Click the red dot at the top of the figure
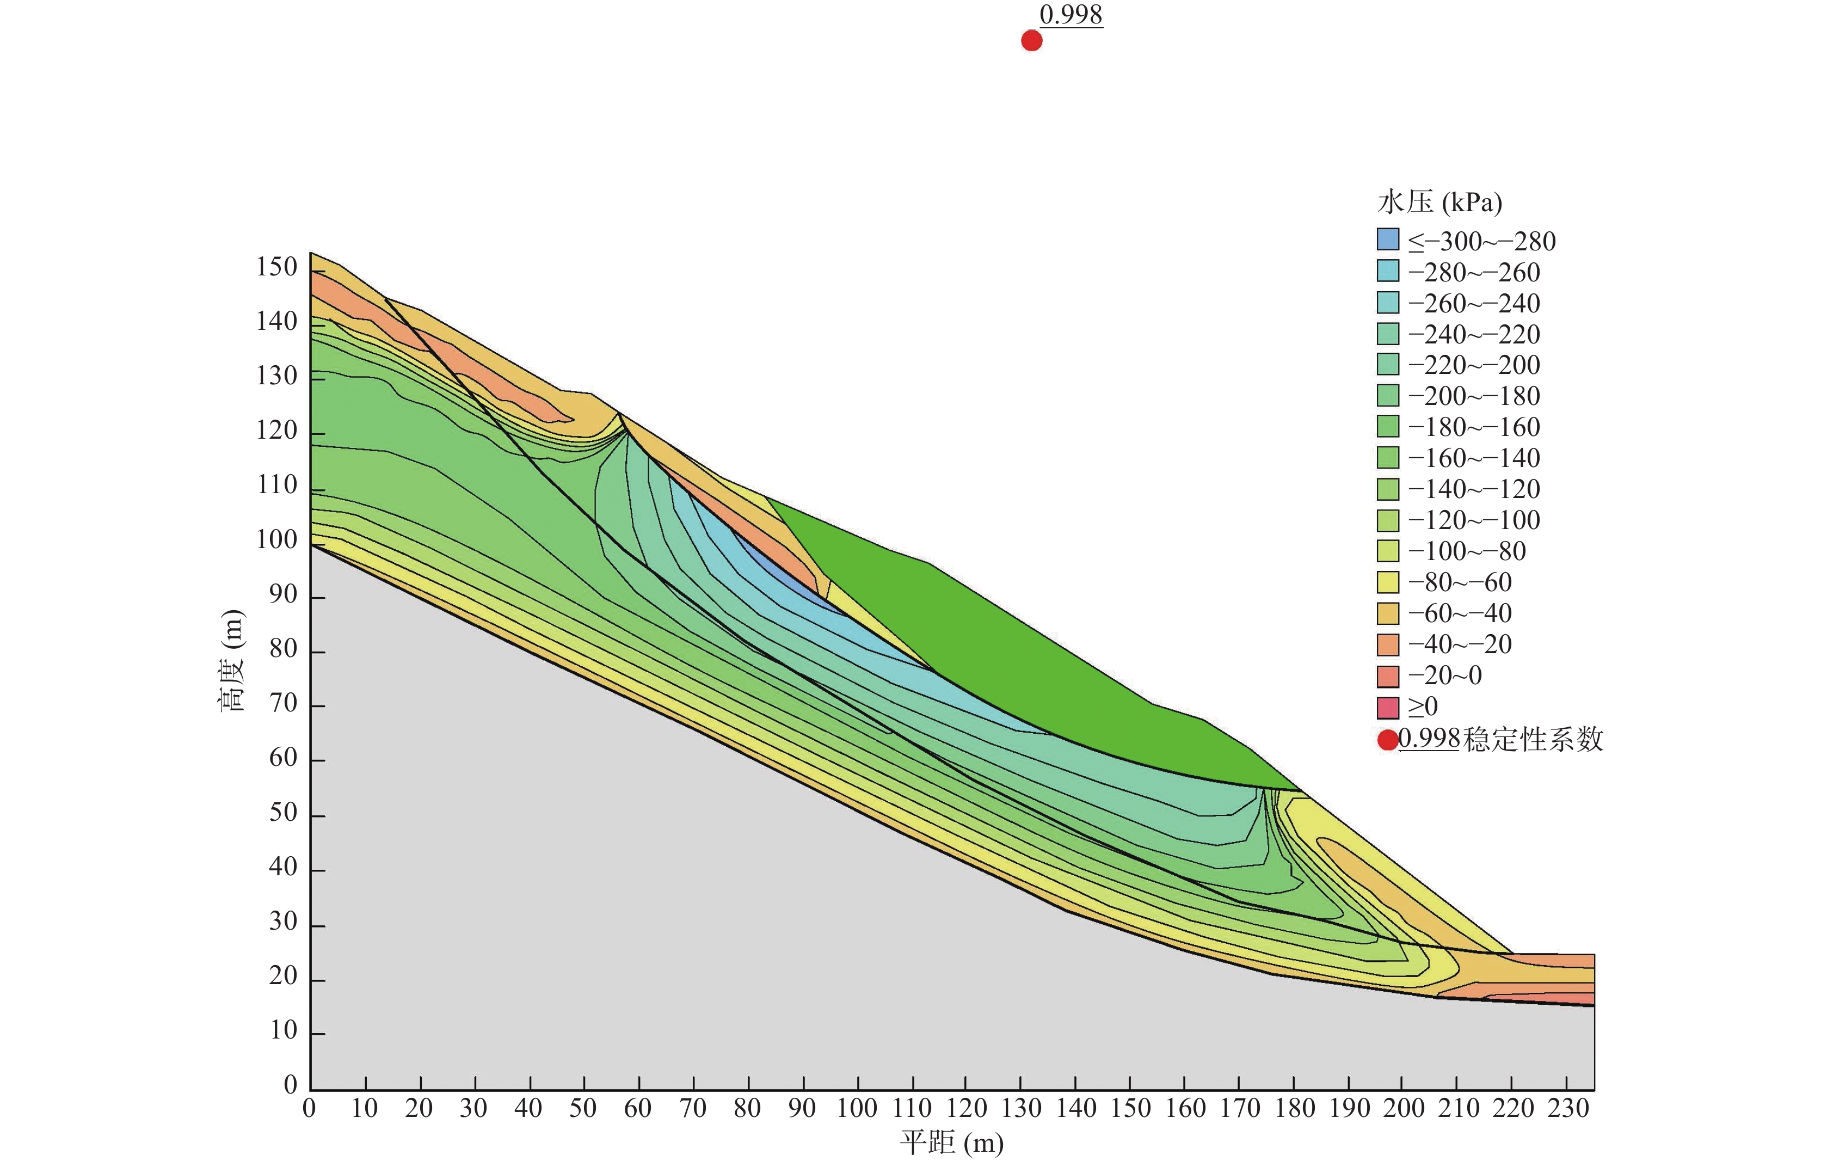click(x=1031, y=41)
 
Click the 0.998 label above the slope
click(x=1071, y=14)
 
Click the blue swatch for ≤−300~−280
click(x=1388, y=239)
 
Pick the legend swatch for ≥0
click(x=1388, y=707)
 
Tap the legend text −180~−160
click(x=1474, y=427)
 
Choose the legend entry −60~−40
click(x=1460, y=613)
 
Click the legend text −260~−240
click(x=1474, y=303)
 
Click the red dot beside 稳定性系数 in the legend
click(x=1388, y=740)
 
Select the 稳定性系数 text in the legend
click(x=1534, y=739)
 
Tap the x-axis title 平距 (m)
click(x=951, y=1142)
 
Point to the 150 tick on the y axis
click(x=277, y=267)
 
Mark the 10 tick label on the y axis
click(x=284, y=1030)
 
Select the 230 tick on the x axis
click(x=1568, y=1108)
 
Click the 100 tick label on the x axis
click(x=857, y=1108)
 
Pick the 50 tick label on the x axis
click(x=582, y=1108)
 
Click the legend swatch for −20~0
click(x=1388, y=675)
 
